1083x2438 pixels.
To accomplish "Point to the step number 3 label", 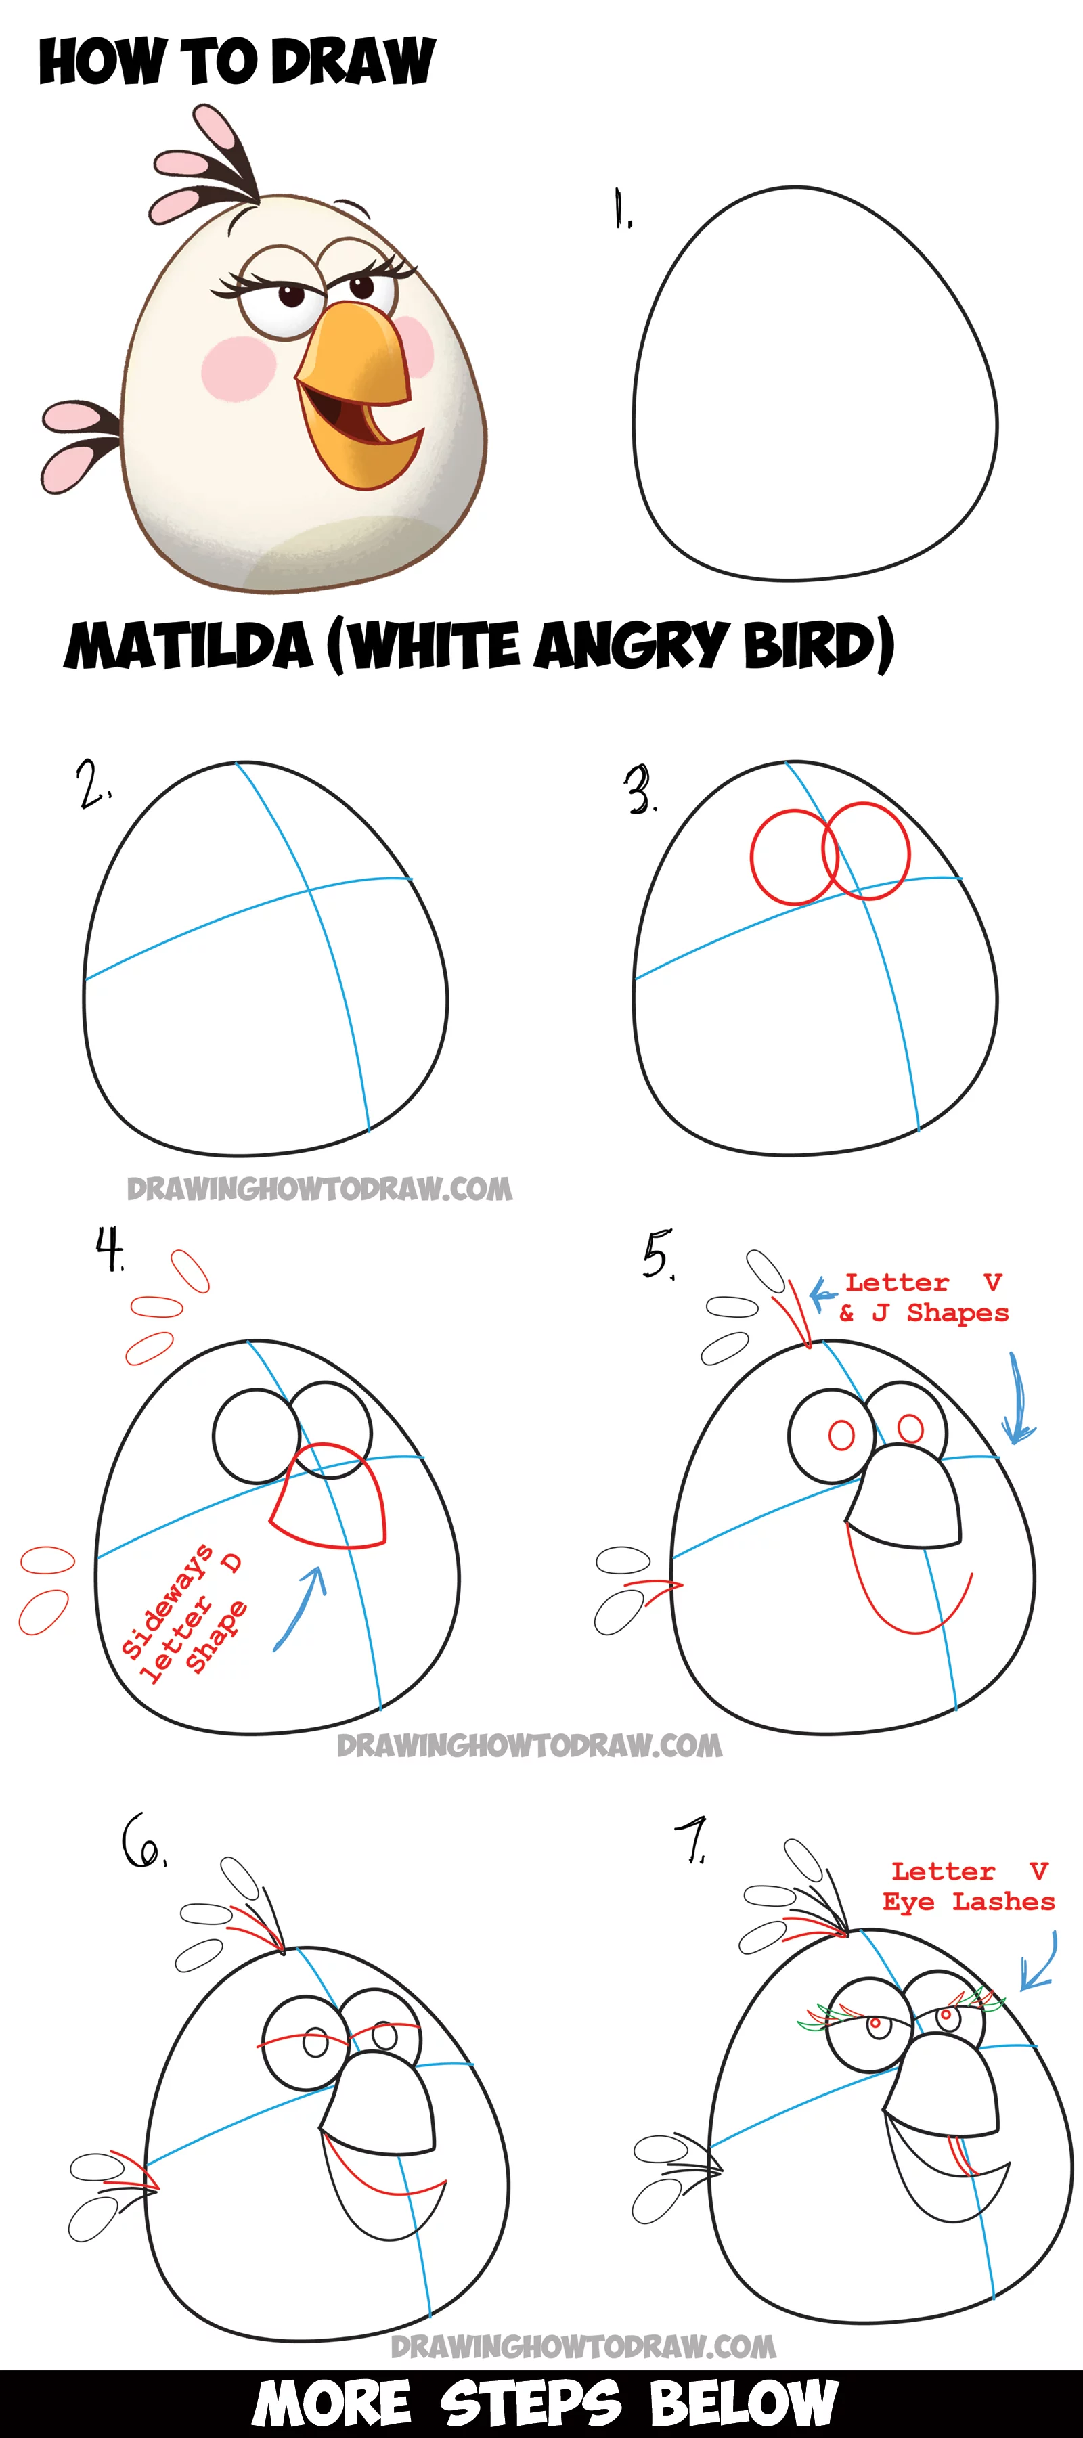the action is coord(640,791).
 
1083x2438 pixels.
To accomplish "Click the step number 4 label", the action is coord(110,1249).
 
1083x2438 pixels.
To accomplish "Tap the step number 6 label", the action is coord(144,1841).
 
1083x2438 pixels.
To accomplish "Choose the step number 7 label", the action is coord(692,1841).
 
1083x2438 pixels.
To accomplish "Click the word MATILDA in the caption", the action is coord(187,646).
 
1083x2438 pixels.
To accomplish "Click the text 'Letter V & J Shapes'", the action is coord(924,1298).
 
